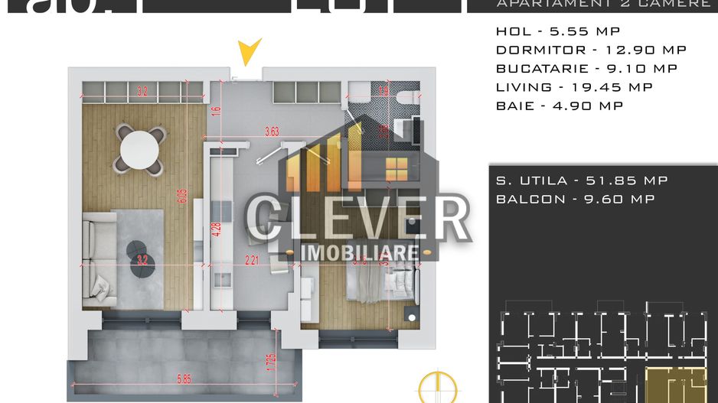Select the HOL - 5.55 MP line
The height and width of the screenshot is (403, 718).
pos(558,31)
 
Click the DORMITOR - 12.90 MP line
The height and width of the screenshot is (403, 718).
pos(591,50)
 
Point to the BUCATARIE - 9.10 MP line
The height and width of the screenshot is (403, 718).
pos(586,68)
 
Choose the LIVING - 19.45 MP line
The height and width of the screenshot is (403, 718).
pos(574,87)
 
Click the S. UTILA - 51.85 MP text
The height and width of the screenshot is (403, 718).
pos(582,180)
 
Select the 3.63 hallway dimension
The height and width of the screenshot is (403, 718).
pos(272,132)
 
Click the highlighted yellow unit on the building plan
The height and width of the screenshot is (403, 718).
pos(675,382)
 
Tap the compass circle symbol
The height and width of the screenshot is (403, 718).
pos(436,386)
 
